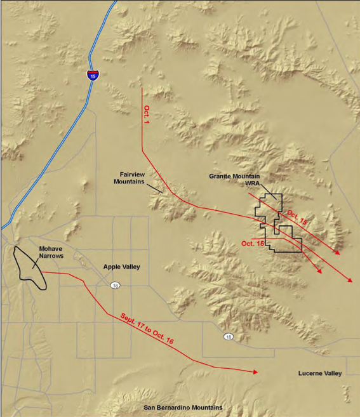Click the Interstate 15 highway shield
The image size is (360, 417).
tap(93, 76)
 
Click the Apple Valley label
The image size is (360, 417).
tap(122, 267)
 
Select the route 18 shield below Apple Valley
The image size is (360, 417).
tap(114, 284)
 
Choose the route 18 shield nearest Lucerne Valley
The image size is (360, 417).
tap(226, 336)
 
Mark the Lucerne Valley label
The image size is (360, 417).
tap(320, 373)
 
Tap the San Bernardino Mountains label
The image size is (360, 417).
tap(183, 407)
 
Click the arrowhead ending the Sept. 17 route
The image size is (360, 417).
tap(255, 372)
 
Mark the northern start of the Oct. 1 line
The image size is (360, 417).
tap(142, 89)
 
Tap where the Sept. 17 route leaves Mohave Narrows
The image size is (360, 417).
tap(43, 273)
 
